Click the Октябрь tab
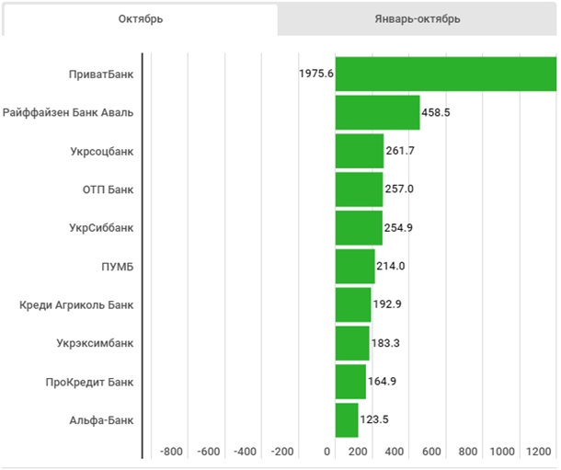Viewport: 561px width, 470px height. [x=140, y=19]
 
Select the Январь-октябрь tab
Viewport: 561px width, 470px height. [x=418, y=19]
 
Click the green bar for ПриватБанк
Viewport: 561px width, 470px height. [x=445, y=74]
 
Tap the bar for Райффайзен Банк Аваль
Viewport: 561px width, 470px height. [x=377, y=112]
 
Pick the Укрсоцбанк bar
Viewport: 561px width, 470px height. [x=359, y=151]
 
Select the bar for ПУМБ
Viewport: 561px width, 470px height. [x=355, y=266]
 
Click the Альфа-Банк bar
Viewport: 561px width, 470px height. [x=347, y=419]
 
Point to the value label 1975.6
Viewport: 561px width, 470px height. [x=315, y=74]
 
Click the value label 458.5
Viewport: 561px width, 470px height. [x=436, y=112]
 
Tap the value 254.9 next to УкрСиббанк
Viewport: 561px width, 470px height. [x=398, y=227]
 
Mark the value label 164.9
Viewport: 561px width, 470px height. [x=382, y=381]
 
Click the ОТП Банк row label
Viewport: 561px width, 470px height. [x=108, y=189]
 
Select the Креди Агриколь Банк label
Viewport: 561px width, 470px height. [x=76, y=304]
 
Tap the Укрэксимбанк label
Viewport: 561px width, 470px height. [x=96, y=343]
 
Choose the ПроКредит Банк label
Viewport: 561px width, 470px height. [x=89, y=381]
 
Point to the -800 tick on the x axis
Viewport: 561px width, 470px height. [x=171, y=452]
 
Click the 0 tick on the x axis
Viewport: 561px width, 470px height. [x=327, y=452]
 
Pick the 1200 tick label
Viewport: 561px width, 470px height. [x=540, y=452]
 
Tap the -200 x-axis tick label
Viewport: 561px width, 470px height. [x=281, y=452]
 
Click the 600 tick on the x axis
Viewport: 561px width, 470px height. [x=431, y=452]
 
